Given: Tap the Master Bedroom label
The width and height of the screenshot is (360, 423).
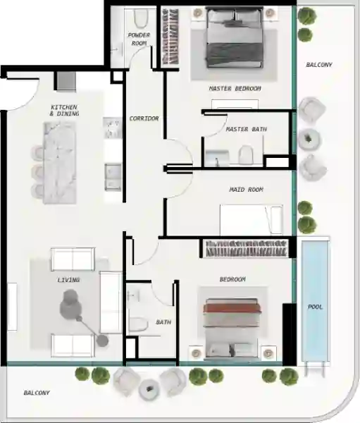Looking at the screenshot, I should pos(235,89).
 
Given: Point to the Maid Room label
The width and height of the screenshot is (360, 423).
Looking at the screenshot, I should pos(246,190).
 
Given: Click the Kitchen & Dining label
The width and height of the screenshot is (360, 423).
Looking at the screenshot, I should pos(64,110).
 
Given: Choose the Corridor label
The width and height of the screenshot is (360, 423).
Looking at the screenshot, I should pos(144,118).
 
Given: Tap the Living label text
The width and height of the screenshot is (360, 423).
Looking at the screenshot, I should pos(68,280).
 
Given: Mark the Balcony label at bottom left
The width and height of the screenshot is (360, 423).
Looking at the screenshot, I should pos(37,392).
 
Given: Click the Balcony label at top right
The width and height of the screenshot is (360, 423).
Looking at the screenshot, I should pos(318,65).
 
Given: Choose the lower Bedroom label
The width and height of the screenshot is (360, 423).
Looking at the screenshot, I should pos(232,280).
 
